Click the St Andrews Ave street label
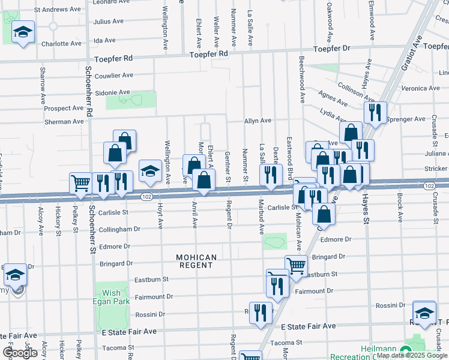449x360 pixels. (x=57, y=10)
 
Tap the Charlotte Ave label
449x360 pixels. (x=61, y=44)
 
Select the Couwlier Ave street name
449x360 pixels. (x=114, y=76)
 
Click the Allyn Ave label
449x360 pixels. (x=258, y=121)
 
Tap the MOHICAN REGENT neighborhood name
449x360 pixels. (x=196, y=262)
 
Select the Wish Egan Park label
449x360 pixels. (x=112, y=298)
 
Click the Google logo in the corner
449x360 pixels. (x=20, y=353)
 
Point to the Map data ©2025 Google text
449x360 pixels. (x=412, y=355)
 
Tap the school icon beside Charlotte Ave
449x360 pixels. (x=23, y=33)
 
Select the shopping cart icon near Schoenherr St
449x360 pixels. (x=80, y=183)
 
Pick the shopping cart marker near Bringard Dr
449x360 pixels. (x=295, y=266)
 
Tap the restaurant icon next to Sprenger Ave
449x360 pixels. (x=375, y=112)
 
